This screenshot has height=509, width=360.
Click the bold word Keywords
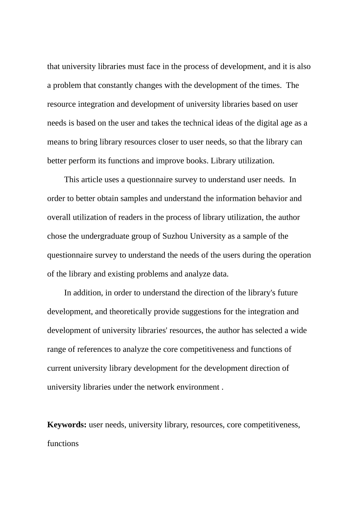click(67, 425)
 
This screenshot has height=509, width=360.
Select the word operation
click(295, 255)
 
